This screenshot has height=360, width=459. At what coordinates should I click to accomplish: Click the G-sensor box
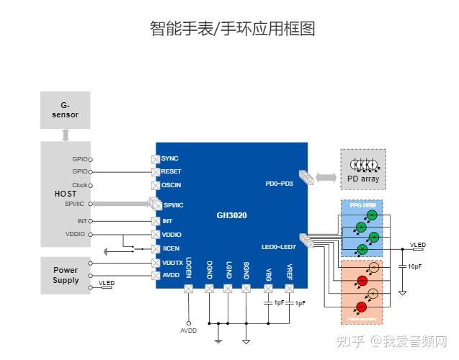pyautogui.click(x=65, y=110)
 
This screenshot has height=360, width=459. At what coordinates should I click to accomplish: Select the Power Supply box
pyautogui.click(x=65, y=275)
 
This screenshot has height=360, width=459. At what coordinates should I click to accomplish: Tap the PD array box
pyautogui.click(x=363, y=169)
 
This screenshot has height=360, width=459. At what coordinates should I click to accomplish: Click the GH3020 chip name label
pyautogui.click(x=231, y=215)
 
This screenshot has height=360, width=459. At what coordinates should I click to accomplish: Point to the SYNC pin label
pyautogui.click(x=170, y=158)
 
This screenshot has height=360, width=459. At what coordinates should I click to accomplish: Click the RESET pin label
pyautogui.click(x=171, y=172)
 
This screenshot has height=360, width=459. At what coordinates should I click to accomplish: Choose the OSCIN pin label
pyautogui.click(x=171, y=185)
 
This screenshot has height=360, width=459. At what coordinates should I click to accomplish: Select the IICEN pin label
pyautogui.click(x=171, y=248)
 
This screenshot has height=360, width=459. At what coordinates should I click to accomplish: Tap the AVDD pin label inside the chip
pyautogui.click(x=171, y=275)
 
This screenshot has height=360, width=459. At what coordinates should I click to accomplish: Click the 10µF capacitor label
pyautogui.click(x=415, y=266)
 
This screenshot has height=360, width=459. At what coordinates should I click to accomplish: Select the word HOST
pyautogui.click(x=65, y=194)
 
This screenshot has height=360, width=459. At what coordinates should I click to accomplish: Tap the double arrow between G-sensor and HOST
pyautogui.click(x=65, y=135)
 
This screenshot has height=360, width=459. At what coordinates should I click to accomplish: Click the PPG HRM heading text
pyautogui.click(x=362, y=206)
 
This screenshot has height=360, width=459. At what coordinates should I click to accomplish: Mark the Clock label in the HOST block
pyautogui.click(x=79, y=185)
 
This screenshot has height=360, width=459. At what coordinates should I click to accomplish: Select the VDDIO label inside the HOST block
pyautogui.click(x=76, y=235)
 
